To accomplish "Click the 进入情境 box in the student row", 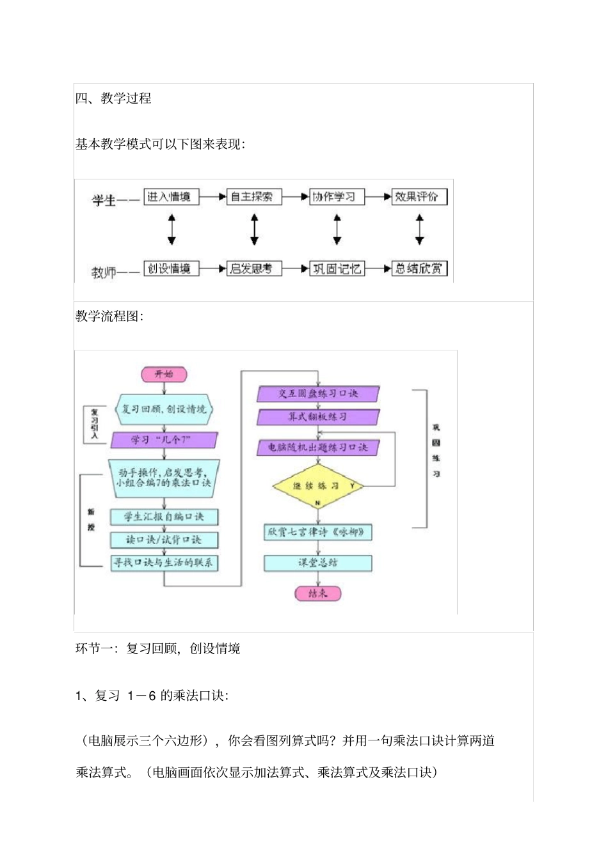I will click(x=171, y=197).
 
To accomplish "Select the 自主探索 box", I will click(x=254, y=197).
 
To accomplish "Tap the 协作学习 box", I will click(x=337, y=197).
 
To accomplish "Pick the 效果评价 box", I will click(x=419, y=197).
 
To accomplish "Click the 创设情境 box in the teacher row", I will click(x=171, y=269).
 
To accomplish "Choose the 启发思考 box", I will click(x=254, y=269).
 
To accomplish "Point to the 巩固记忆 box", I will click(x=337, y=269).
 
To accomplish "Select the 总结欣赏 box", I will click(x=419, y=269).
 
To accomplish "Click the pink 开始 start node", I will click(x=164, y=374).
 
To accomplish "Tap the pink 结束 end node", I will click(x=317, y=593).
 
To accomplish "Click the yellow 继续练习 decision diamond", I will click(x=317, y=486).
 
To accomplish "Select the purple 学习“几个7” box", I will click(x=164, y=440).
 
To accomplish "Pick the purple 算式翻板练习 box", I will click(x=317, y=417).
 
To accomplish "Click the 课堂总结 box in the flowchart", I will click(x=317, y=563).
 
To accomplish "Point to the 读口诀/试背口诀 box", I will click(x=164, y=540).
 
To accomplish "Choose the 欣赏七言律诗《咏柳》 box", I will click(x=317, y=532).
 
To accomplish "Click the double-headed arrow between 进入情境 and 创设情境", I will click(x=171, y=230).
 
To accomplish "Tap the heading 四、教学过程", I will click(x=113, y=98).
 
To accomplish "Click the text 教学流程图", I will click(x=109, y=316).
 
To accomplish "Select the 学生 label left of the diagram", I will click(x=104, y=201).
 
